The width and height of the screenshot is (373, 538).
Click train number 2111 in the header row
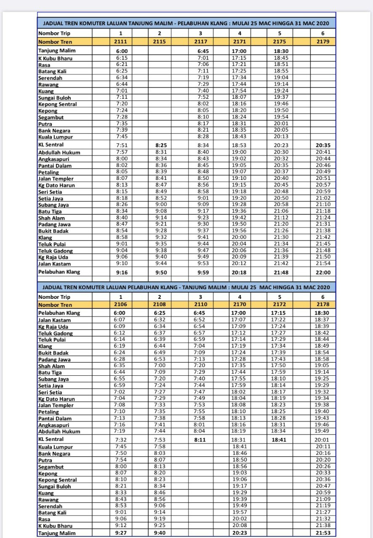[121, 42]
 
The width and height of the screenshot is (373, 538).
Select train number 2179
[322, 42]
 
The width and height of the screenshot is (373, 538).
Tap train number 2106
[121, 304]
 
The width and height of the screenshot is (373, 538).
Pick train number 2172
[280, 304]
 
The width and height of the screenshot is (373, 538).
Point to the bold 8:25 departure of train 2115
[160, 145]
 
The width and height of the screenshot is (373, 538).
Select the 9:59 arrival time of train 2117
[200, 272]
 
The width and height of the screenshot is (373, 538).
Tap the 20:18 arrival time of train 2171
[240, 272]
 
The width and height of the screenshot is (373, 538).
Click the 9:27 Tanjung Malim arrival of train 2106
[121, 533]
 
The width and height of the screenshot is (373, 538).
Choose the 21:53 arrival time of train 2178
[322, 533]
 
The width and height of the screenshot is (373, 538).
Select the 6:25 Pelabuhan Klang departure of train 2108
[160, 313]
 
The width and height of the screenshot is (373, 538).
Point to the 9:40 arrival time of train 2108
[160, 533]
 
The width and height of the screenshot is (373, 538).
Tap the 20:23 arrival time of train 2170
[240, 533]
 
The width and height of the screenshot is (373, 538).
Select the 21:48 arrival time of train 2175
[280, 272]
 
